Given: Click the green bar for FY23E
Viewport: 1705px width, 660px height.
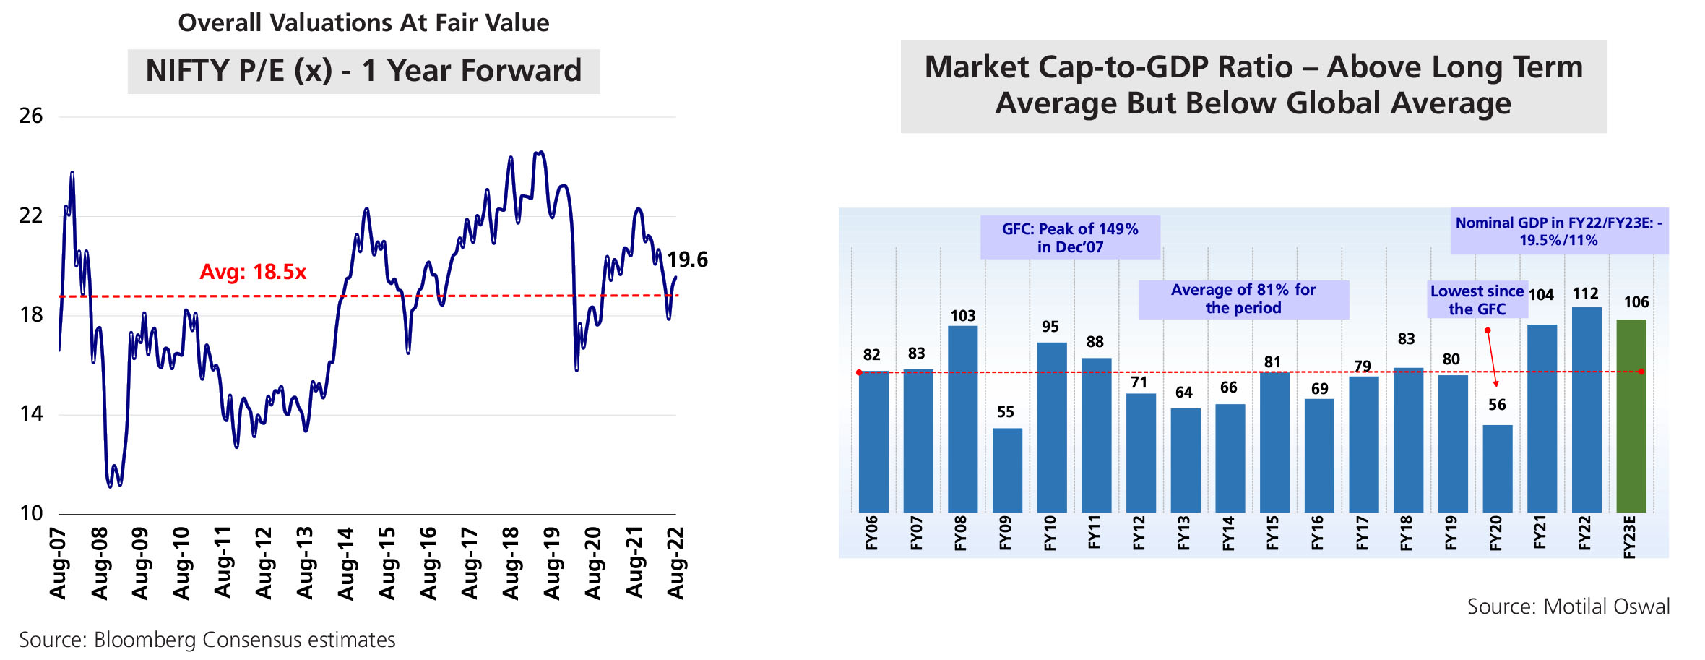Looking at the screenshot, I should [1631, 416].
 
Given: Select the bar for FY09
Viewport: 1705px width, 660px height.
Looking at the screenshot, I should [1007, 470].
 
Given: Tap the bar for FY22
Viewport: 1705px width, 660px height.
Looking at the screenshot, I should [1587, 409].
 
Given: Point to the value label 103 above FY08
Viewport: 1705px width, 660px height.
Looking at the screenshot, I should [962, 316].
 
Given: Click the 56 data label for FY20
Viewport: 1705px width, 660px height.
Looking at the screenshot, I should [1497, 405].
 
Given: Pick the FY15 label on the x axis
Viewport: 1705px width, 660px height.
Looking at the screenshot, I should [1273, 533].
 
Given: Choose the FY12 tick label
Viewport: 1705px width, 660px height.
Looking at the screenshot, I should [1139, 533].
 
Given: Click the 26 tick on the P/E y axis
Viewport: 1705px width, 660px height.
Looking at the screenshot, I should [31, 116].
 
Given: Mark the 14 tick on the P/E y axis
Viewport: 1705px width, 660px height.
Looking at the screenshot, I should [31, 413].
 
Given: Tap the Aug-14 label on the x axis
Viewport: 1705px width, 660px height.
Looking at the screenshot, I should [346, 563].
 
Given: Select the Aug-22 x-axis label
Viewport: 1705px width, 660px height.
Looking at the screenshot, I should [675, 563].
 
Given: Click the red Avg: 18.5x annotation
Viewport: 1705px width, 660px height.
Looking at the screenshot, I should [253, 272].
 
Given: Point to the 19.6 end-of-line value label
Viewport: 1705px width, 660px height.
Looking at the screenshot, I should [687, 260].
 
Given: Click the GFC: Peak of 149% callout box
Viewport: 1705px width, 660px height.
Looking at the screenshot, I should [1070, 238].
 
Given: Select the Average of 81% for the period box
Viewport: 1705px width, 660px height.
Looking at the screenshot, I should [1243, 299].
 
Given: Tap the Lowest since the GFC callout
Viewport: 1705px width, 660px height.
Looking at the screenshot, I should [1477, 300].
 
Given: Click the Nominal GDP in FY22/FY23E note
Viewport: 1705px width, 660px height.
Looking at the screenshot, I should [1558, 231].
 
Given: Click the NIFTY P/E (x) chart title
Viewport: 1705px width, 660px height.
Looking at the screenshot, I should [363, 71].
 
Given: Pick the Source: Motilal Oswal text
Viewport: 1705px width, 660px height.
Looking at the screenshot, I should [1568, 606].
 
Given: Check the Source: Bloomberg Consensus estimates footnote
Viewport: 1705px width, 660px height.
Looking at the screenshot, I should [207, 640].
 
